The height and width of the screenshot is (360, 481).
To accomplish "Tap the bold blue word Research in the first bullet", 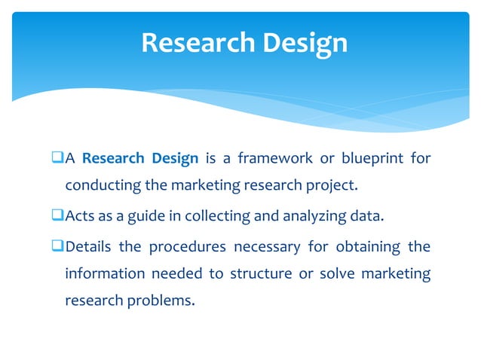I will tap(113, 159).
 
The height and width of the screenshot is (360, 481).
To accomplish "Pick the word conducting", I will tap(100, 185).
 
